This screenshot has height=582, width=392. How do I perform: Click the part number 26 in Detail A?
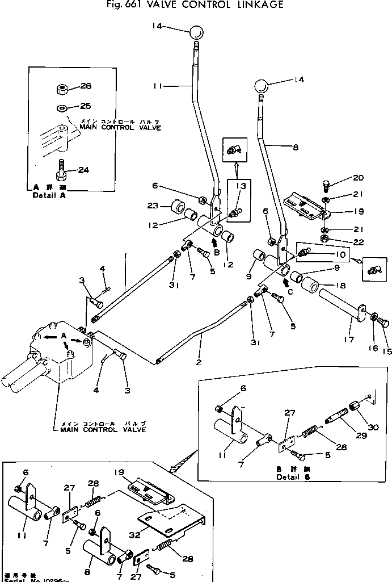[x=85, y=86]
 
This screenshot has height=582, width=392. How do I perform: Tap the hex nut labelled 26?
[x=62, y=89]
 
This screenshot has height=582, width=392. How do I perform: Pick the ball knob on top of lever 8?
[x=260, y=87]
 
